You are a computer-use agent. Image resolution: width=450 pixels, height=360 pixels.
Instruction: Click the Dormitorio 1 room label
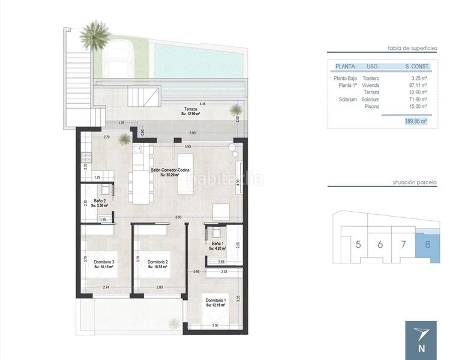(x=215, y=300)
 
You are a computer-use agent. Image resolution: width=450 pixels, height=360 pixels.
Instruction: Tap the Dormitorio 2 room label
(x=157, y=262)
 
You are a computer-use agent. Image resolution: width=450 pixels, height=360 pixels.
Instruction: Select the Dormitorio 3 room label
(x=104, y=262)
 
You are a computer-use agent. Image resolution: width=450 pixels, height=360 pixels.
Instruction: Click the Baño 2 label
(x=100, y=201)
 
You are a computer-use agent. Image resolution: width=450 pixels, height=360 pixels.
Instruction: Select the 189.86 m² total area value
(x=415, y=121)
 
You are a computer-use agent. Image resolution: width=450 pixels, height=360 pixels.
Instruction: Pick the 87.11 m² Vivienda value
(x=416, y=85)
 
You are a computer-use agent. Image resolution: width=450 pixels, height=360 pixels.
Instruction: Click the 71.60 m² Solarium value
(x=416, y=100)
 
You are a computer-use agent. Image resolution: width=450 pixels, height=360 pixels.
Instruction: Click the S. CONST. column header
(x=415, y=67)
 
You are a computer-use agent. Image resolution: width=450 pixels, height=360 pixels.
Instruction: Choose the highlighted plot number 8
(x=427, y=244)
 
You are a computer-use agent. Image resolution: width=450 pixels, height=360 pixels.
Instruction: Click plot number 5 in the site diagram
(x=358, y=244)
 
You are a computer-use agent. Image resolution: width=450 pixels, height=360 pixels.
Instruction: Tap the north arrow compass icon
(x=421, y=338)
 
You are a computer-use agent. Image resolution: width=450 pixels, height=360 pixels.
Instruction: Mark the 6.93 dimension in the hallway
(x=178, y=216)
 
